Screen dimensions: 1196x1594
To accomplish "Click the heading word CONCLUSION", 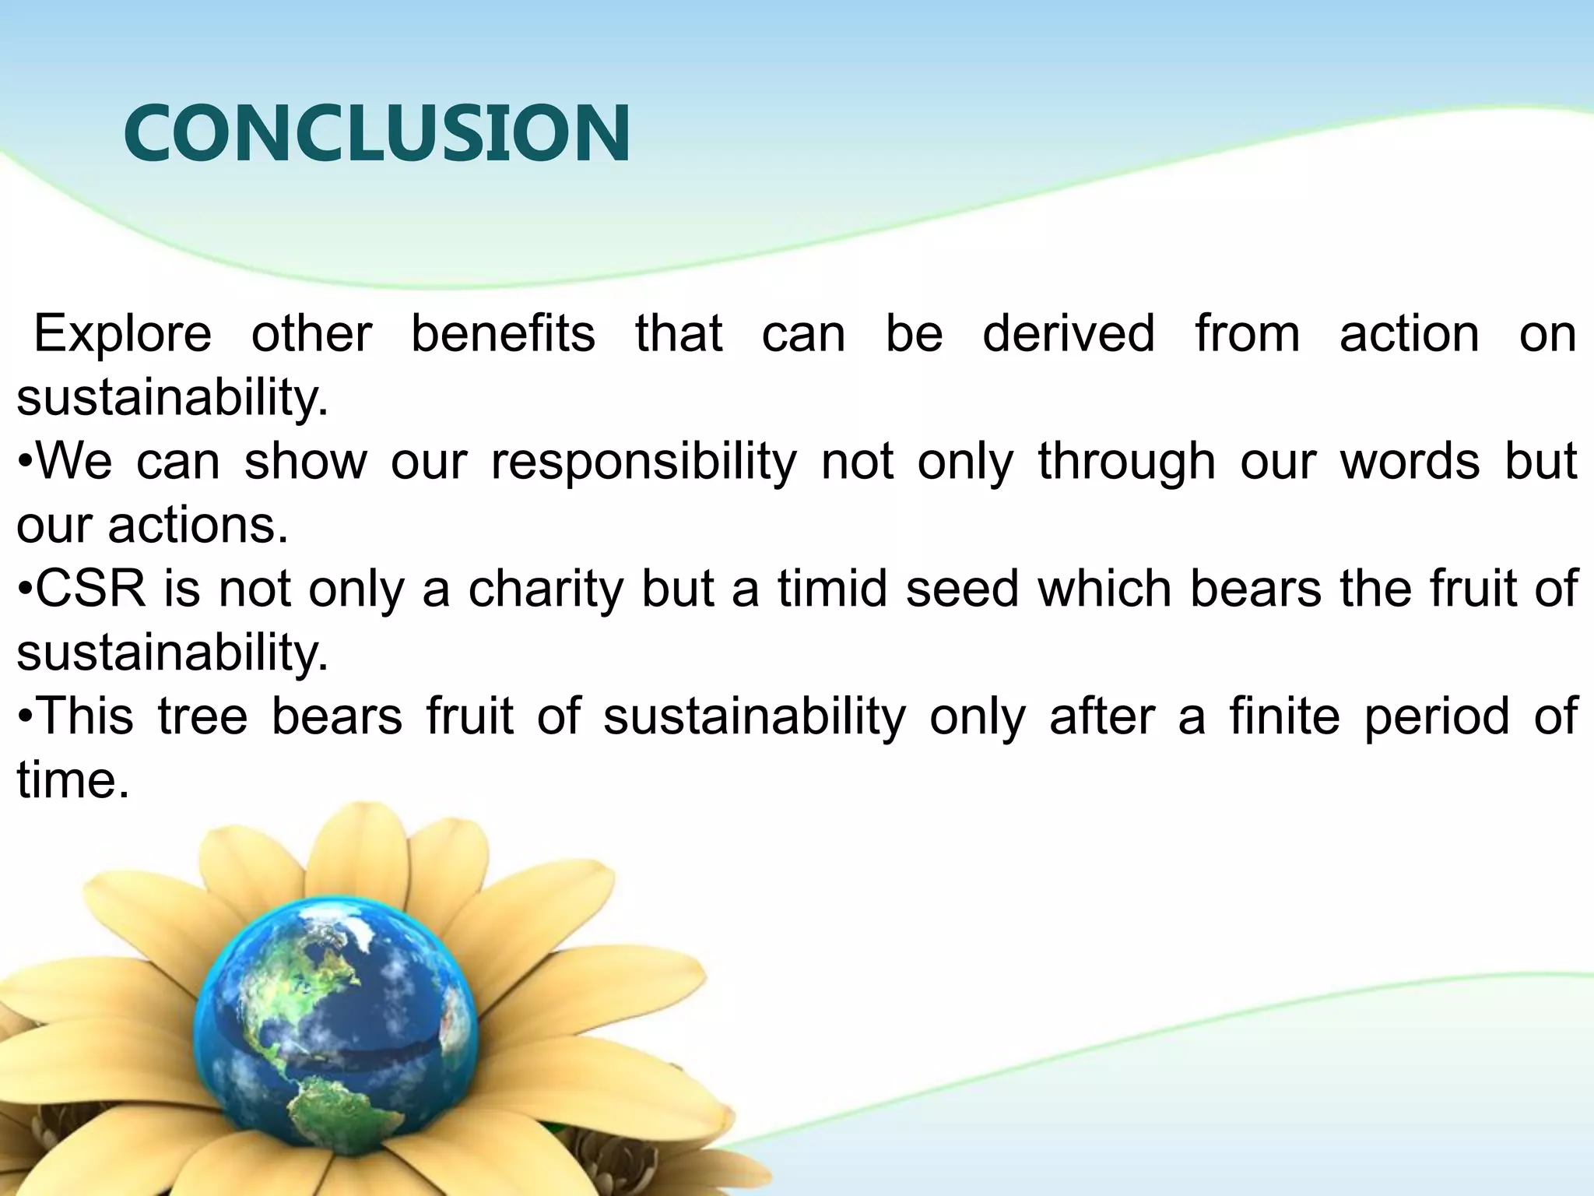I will coord(377,134).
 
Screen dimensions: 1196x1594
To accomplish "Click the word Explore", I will coord(122,334).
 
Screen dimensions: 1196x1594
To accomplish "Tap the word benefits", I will coord(503,334).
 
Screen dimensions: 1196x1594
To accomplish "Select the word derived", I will coord(1069,334).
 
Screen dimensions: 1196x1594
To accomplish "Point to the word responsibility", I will coord(644,463).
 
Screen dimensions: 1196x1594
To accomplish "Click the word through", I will coord(1126,463).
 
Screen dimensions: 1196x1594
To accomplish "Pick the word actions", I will coord(198,526).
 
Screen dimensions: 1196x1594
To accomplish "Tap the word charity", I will coord(546,590).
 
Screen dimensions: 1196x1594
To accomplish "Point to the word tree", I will coord(202,716).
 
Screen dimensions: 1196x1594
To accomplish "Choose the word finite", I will coord(1285,716).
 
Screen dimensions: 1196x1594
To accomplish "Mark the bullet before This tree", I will coord(25,718).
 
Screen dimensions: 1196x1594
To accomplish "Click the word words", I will coord(1410,463).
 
